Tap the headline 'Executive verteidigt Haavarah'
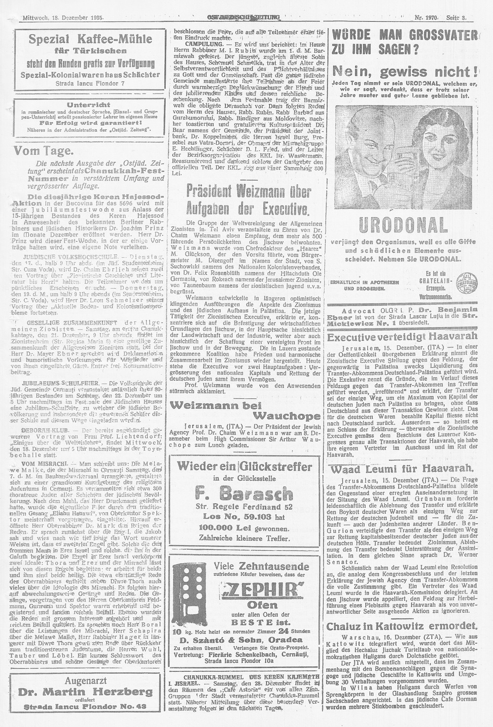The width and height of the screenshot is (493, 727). [402, 337]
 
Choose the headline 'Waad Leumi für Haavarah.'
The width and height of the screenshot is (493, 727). [401, 468]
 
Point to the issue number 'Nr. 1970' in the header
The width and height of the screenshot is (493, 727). [426, 18]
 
